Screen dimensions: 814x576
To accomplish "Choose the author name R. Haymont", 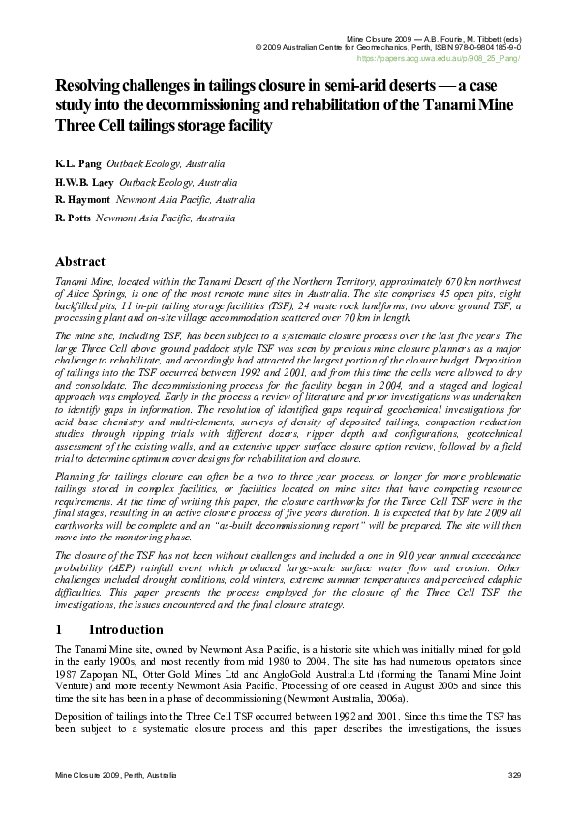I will tap(83, 200).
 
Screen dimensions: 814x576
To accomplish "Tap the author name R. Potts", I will tap(74, 218).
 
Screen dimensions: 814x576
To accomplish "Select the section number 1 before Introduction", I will tap(60, 629).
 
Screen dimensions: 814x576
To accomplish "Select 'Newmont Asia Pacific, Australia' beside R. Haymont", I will tap(185, 200).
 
